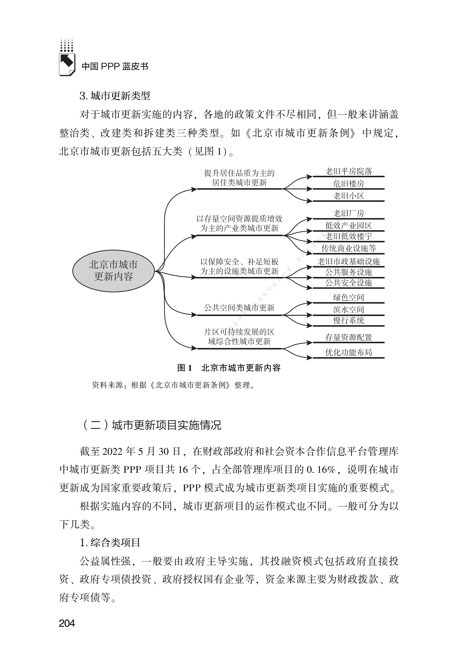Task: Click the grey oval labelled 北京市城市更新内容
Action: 114,271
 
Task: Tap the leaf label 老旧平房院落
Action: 348,171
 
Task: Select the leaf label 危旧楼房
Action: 348,184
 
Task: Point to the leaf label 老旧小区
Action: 348,196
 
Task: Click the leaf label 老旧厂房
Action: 348,213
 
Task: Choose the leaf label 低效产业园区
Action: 348,226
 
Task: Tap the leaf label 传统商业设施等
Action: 348,248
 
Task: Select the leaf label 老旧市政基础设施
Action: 348,262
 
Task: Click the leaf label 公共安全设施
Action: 348,283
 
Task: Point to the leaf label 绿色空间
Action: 348,297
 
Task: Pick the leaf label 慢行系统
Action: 348,320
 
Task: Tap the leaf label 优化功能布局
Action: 348,352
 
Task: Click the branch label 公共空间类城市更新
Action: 239,308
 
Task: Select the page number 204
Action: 67,623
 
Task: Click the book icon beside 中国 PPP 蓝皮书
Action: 67,64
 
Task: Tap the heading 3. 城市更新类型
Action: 115,96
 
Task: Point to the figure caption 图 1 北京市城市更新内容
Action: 229,368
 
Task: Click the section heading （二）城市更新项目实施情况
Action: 151,425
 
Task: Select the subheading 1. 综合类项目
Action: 110,542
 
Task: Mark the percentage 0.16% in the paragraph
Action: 321,470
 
